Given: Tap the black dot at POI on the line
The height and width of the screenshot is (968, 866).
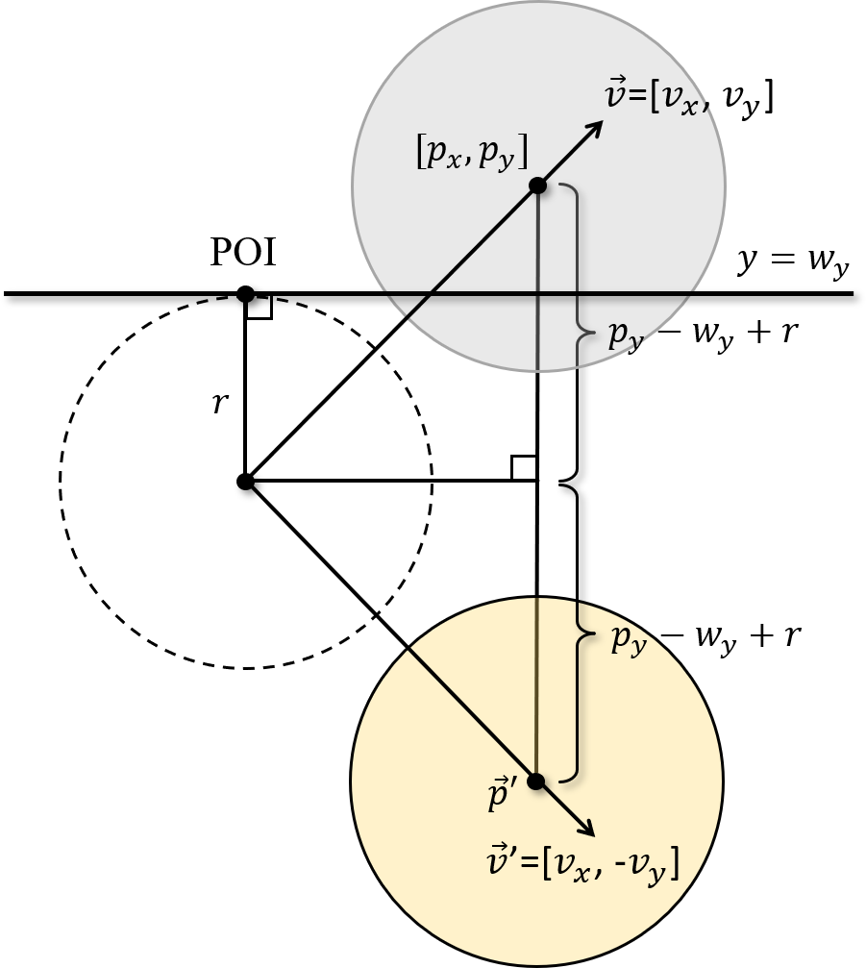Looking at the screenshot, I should pyautogui.click(x=245, y=293).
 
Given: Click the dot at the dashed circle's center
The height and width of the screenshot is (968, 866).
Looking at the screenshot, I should pyautogui.click(x=245, y=481).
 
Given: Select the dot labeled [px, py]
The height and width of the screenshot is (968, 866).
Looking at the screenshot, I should pyautogui.click(x=537, y=186).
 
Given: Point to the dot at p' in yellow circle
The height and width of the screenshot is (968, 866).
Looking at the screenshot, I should pyautogui.click(x=536, y=781).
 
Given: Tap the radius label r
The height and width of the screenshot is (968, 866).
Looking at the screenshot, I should pyautogui.click(x=220, y=402).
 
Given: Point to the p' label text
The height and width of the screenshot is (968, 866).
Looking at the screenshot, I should pyautogui.click(x=504, y=799).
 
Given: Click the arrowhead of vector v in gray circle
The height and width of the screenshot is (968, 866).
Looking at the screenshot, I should pyautogui.click(x=597, y=126).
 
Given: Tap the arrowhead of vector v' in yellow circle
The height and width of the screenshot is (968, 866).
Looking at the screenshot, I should pyautogui.click(x=587, y=831).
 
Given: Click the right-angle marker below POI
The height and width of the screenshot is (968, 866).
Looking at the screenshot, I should pyautogui.click(x=260, y=307).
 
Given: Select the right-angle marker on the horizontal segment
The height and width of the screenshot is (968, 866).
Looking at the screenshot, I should pyautogui.click(x=524, y=467).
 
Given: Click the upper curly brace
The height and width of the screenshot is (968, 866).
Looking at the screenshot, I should pyautogui.click(x=575, y=332).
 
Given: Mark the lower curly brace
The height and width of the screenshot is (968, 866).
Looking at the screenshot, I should pyautogui.click(x=575, y=633).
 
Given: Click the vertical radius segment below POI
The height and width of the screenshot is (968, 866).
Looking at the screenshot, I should pyautogui.click(x=245, y=385).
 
